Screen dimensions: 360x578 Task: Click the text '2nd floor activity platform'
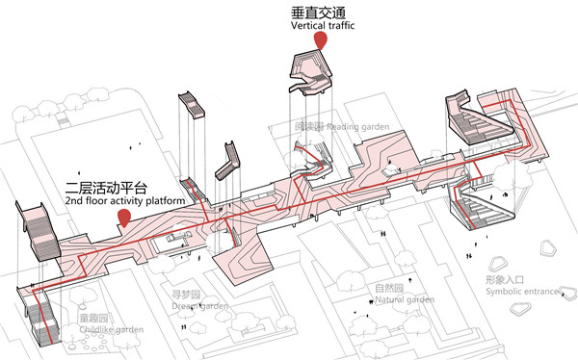125,202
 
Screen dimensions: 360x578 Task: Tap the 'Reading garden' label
355,127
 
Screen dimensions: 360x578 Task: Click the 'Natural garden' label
405,299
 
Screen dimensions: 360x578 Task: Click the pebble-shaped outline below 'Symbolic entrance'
523,311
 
